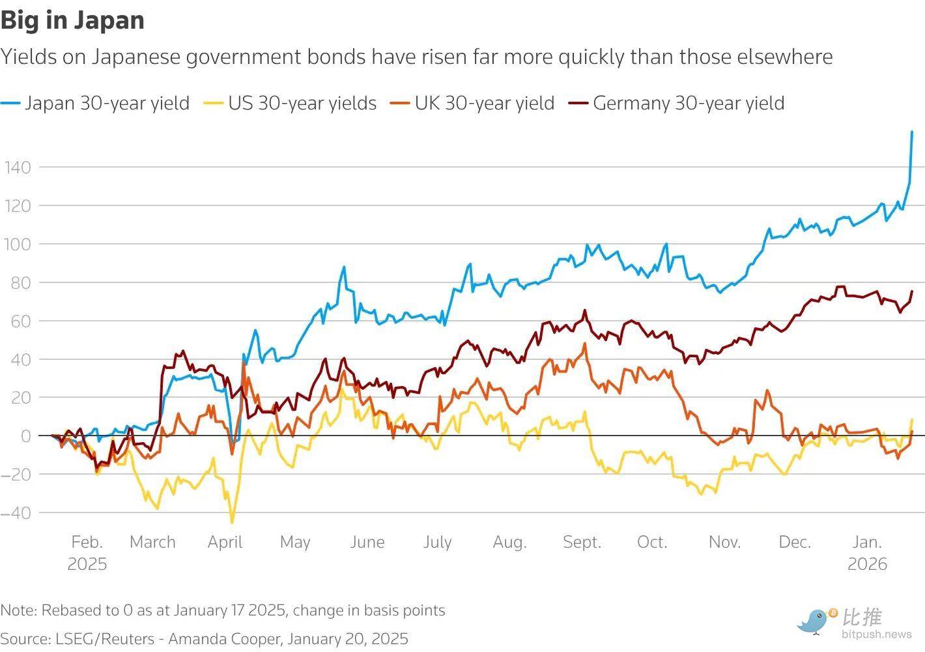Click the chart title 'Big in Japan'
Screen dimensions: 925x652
[x=72, y=21]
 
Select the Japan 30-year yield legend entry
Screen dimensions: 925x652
[x=95, y=103]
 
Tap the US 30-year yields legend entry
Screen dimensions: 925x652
[x=290, y=103]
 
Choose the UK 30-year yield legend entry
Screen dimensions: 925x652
[x=472, y=103]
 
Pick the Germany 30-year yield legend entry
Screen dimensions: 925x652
[x=676, y=103]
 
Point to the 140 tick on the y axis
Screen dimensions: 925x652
[x=18, y=168]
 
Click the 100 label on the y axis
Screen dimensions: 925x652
[x=18, y=244]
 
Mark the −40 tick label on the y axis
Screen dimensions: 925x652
[x=16, y=513]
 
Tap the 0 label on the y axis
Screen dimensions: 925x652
[x=26, y=436]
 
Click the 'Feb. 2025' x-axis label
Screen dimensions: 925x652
[x=87, y=553]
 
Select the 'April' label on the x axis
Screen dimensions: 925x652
[x=225, y=542]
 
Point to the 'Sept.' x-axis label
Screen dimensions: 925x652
[x=582, y=542]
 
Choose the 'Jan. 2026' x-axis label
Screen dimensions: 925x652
[x=867, y=553]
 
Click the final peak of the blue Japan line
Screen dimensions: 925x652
[x=912, y=132]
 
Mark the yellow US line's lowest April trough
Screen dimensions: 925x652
[x=232, y=523]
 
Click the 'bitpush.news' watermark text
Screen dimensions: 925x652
[x=877, y=634]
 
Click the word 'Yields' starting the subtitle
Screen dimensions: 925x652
[x=29, y=57]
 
